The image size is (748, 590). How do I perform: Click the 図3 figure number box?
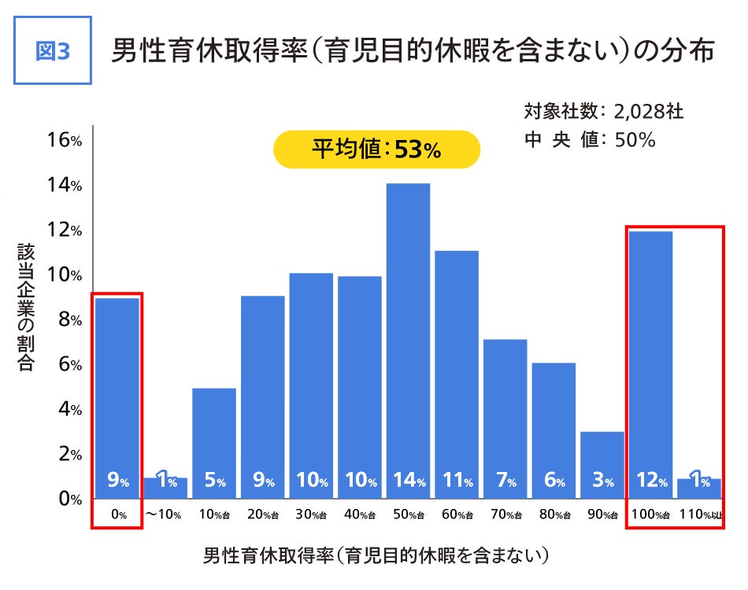(54, 51)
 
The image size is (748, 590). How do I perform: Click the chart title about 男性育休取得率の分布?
(413, 52)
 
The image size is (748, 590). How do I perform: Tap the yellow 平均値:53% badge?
(376, 149)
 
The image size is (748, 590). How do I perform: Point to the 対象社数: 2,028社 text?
(603, 111)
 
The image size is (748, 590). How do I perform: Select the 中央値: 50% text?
(590, 140)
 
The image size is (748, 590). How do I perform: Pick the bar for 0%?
(117, 393)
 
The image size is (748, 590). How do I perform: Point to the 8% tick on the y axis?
(65, 320)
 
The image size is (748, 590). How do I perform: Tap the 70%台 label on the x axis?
(505, 515)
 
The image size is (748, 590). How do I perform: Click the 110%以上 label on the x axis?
(699, 515)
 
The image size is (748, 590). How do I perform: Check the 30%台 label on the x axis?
(311, 515)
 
